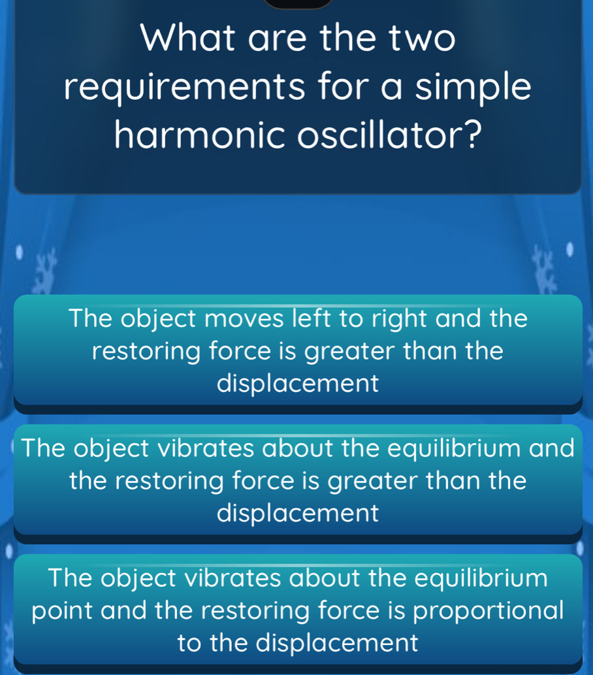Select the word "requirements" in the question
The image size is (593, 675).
point(183,88)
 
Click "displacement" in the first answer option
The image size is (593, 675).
point(297,383)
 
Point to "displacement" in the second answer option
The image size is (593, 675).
point(297,512)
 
